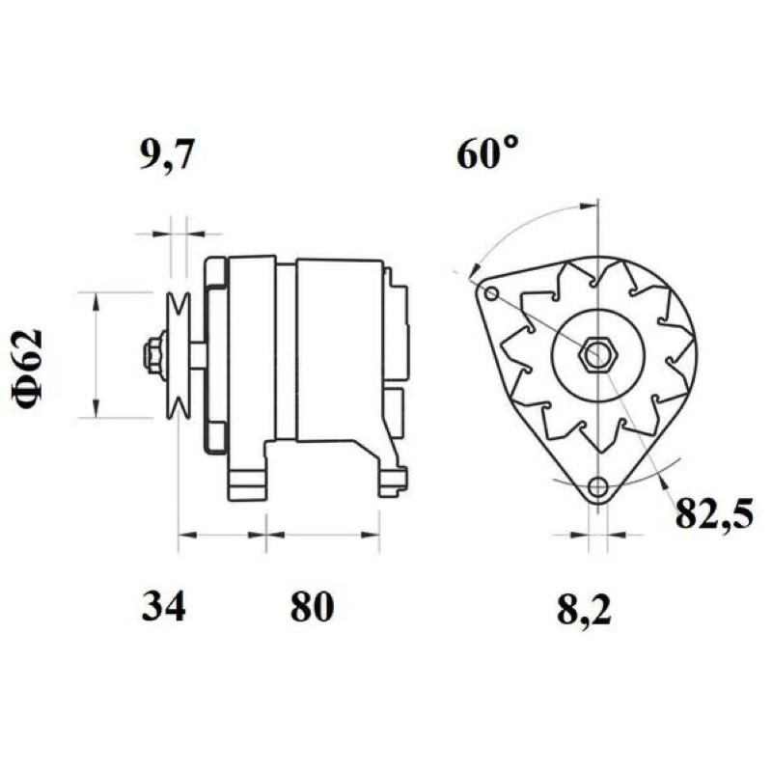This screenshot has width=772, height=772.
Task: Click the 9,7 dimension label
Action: tap(165, 154)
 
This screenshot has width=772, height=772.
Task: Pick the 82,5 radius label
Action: tap(713, 512)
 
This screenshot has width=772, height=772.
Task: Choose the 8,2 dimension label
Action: tap(584, 609)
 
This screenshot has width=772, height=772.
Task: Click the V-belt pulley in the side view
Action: tap(178, 354)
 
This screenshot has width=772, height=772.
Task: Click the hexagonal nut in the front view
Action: tap(597, 354)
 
